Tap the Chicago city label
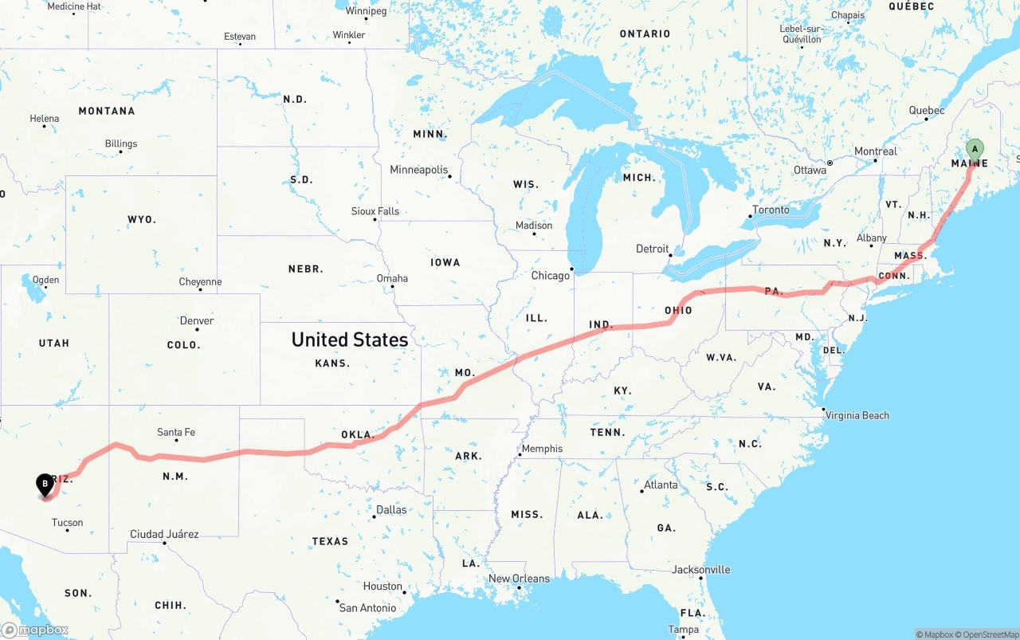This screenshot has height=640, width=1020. click(x=551, y=276)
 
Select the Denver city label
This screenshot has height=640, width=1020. click(x=196, y=321)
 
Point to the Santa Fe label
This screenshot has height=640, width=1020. click(x=176, y=433)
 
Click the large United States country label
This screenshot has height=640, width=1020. click(x=349, y=340)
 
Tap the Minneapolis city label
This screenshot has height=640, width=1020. click(x=418, y=170)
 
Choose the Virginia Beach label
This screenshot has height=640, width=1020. click(x=857, y=415)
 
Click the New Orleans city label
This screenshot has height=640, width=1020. click(x=519, y=579)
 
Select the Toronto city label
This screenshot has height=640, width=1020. click(x=771, y=210)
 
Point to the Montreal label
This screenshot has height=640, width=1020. click(x=875, y=151)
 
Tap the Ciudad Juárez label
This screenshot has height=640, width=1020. click(x=164, y=534)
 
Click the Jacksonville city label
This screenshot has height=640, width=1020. click(x=700, y=570)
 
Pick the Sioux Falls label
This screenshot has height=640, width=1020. click(x=375, y=211)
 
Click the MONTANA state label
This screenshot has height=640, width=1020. click(x=107, y=111)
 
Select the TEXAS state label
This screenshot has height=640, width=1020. click(x=330, y=541)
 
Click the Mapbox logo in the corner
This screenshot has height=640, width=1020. click(x=35, y=630)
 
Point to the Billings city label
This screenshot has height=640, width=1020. click(x=121, y=144)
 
